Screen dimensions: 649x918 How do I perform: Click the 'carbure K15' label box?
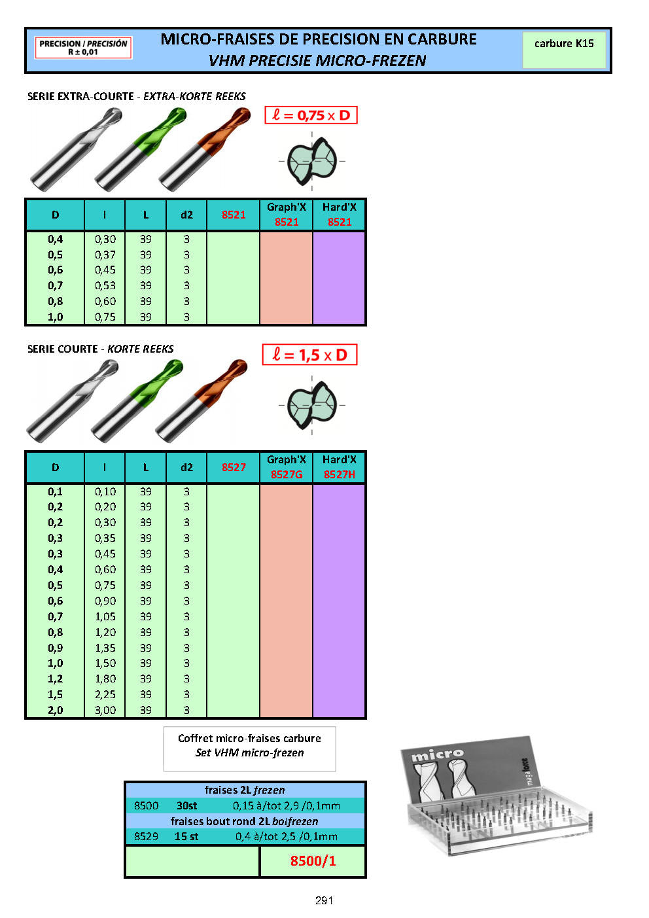pyautogui.click(x=564, y=50)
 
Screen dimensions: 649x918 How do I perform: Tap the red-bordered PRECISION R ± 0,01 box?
pyautogui.click(x=83, y=48)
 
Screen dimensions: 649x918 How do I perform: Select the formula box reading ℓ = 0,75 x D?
pyautogui.click(x=311, y=115)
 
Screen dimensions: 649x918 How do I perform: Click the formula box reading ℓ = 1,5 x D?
pyautogui.click(x=309, y=355)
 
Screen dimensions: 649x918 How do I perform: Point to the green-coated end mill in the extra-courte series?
pyautogui.click(x=141, y=149)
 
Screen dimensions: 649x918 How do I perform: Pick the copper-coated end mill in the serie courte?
pyautogui.click(x=201, y=401)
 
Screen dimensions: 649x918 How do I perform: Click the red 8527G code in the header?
pyautogui.click(x=287, y=474)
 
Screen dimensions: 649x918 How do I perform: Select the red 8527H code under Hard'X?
pyautogui.click(x=340, y=474)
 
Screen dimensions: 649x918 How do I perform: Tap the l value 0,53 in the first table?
pyautogui.click(x=105, y=286)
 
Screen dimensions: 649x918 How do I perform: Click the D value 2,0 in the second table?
pyautogui.click(x=56, y=710)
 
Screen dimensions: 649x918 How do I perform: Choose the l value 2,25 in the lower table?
pyautogui.click(x=105, y=695)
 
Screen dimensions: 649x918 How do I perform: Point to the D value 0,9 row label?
pyautogui.click(x=56, y=648)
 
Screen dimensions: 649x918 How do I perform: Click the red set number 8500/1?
pyautogui.click(x=313, y=860)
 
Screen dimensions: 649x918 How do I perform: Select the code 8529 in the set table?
pyautogui.click(x=146, y=836)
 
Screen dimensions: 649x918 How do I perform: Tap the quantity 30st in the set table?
pyautogui.click(x=187, y=805)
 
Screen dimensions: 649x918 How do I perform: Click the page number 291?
pyautogui.click(x=324, y=900)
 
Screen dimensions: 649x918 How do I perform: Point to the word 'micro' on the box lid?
pyautogui.click(x=437, y=755)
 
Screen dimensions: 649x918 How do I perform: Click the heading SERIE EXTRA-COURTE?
pyautogui.click(x=80, y=96)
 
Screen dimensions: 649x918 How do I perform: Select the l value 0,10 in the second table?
pyautogui.click(x=105, y=491)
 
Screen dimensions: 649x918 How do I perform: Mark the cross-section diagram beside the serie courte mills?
pyautogui.click(x=312, y=405)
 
